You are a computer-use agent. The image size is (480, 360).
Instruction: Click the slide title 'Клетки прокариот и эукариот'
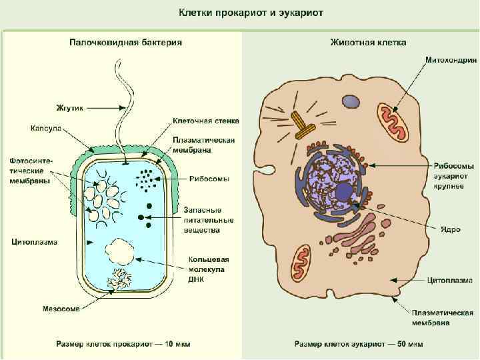coord(239,13)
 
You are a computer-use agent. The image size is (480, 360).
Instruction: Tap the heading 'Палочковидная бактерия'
coord(126,42)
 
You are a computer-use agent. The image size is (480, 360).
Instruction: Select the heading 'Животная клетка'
coord(368,42)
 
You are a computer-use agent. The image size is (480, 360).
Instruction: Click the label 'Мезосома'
coord(61,309)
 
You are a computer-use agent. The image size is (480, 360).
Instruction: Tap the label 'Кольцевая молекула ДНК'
coord(205,269)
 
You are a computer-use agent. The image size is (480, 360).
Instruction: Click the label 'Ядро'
coord(450,229)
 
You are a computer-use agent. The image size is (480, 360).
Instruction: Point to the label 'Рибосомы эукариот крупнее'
coord(453,175)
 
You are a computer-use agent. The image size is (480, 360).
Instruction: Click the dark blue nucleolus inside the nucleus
coord(344,193)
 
